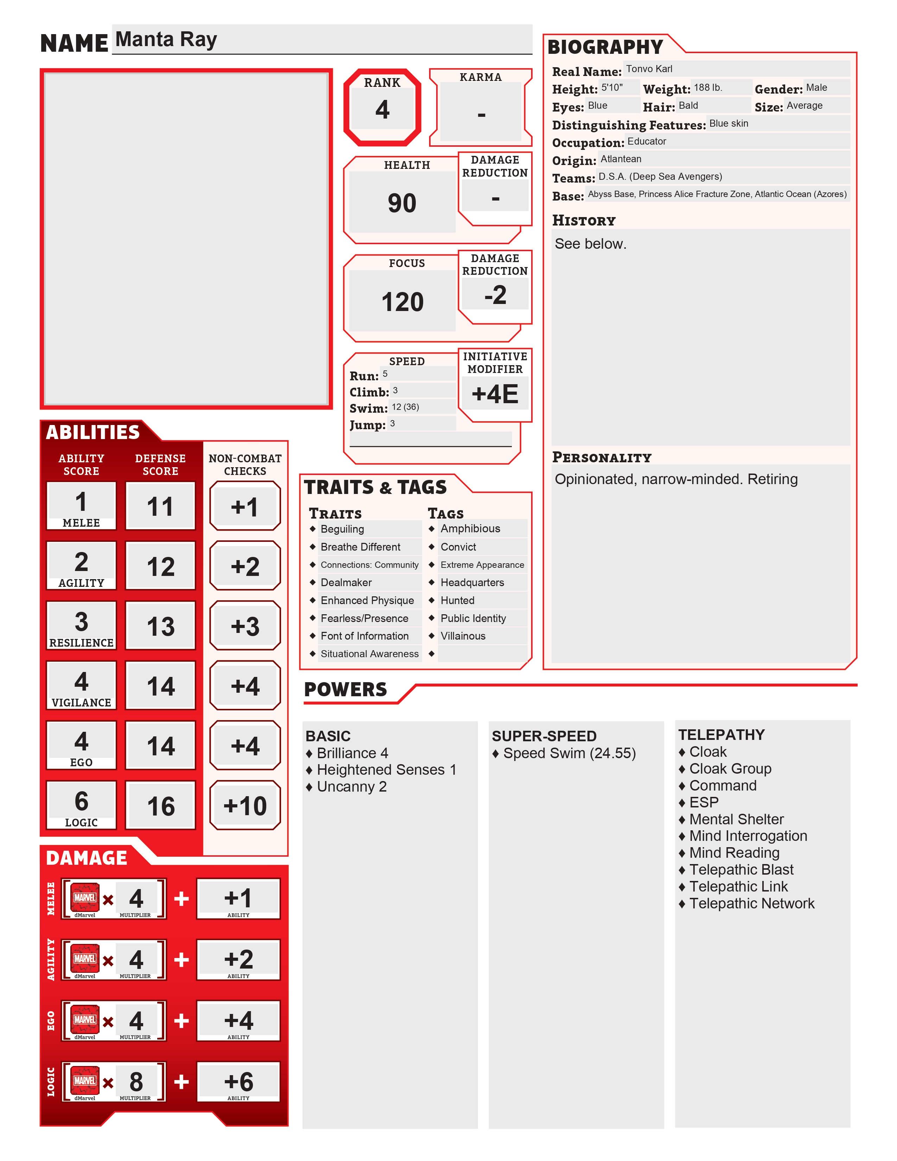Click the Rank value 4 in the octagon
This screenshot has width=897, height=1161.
pyautogui.click(x=382, y=109)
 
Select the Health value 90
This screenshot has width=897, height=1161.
pyautogui.click(x=402, y=203)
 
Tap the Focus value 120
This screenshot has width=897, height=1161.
pyautogui.click(x=402, y=302)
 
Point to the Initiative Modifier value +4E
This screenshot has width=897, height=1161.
pyautogui.click(x=495, y=394)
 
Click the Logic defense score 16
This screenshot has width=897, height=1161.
pyautogui.click(x=160, y=806)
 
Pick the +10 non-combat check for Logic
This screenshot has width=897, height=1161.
pyautogui.click(x=245, y=806)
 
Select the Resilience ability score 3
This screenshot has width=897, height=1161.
pyautogui.click(x=81, y=621)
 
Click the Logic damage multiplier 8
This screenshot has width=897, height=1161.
pyautogui.click(x=136, y=1081)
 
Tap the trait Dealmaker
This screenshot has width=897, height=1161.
pyautogui.click(x=346, y=583)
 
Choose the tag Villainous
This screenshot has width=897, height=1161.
pyautogui.click(x=463, y=636)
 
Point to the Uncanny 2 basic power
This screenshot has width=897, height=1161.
pyautogui.click(x=351, y=787)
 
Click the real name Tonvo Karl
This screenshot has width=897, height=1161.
pyautogui.click(x=649, y=69)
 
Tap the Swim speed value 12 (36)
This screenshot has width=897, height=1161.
pyautogui.click(x=406, y=407)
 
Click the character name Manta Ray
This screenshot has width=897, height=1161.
pyautogui.click(x=166, y=40)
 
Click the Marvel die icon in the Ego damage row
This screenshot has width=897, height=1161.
pyautogui.click(x=85, y=1019)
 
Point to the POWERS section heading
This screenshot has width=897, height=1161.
pyautogui.click(x=345, y=690)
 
